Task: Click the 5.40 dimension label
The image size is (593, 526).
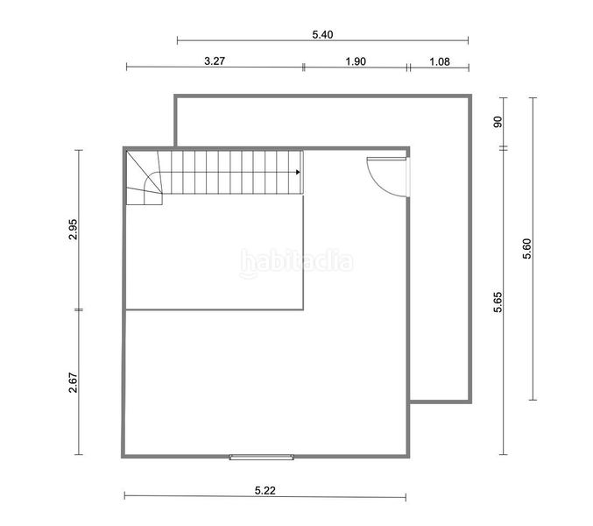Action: coord(322,34)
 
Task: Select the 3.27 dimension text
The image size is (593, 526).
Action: coord(215,60)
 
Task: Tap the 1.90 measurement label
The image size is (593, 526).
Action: coord(356,61)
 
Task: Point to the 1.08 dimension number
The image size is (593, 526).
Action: coord(440,61)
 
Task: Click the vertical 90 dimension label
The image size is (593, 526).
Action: coord(498,122)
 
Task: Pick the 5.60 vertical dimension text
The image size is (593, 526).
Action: coord(526,249)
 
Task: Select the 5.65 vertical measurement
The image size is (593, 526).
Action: coord(498,302)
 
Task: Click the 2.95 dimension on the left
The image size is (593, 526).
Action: coord(73,230)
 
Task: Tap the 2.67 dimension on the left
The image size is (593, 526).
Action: coord(73,382)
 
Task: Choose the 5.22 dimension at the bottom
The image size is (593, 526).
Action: coord(265,491)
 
